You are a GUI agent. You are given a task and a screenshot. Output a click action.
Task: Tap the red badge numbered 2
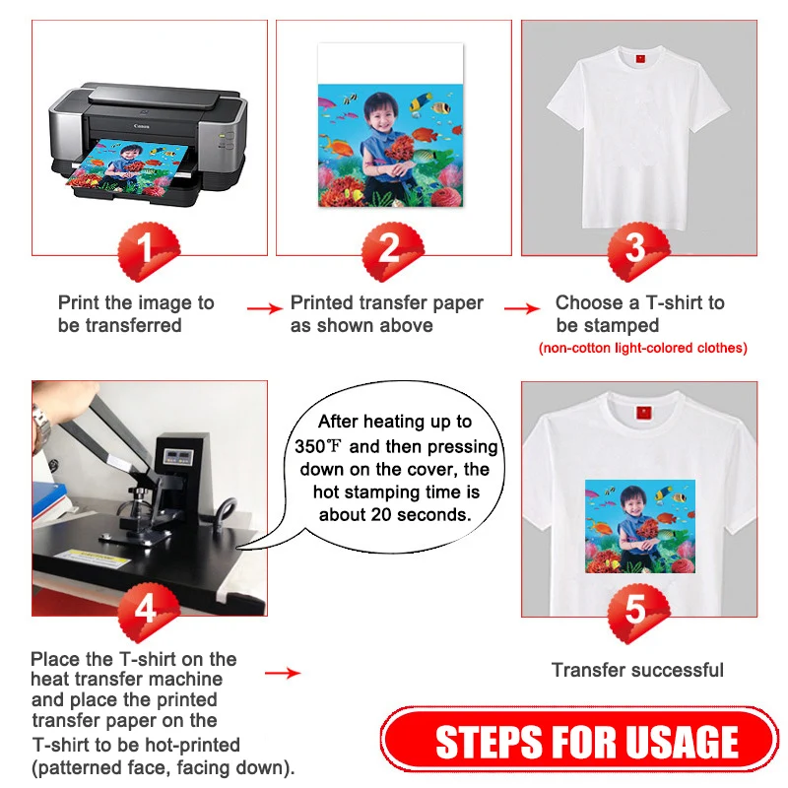392,251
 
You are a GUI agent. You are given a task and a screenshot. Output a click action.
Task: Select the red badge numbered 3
638,251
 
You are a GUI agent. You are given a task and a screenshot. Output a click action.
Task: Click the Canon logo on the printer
141,126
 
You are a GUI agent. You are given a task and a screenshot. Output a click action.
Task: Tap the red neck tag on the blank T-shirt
640,59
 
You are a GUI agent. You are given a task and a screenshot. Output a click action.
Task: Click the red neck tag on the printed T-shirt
644,413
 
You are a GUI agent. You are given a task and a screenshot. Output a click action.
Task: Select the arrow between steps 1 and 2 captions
265,308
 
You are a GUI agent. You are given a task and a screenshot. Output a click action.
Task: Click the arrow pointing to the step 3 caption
522,308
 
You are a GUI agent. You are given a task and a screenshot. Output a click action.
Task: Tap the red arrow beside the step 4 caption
283,673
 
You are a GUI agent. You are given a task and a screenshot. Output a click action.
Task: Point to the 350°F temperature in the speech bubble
318,446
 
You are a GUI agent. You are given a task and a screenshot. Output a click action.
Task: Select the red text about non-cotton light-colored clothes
643,348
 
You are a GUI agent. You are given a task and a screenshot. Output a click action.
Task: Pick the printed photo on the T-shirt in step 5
639,526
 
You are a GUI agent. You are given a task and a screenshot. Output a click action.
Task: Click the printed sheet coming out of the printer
128,168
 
